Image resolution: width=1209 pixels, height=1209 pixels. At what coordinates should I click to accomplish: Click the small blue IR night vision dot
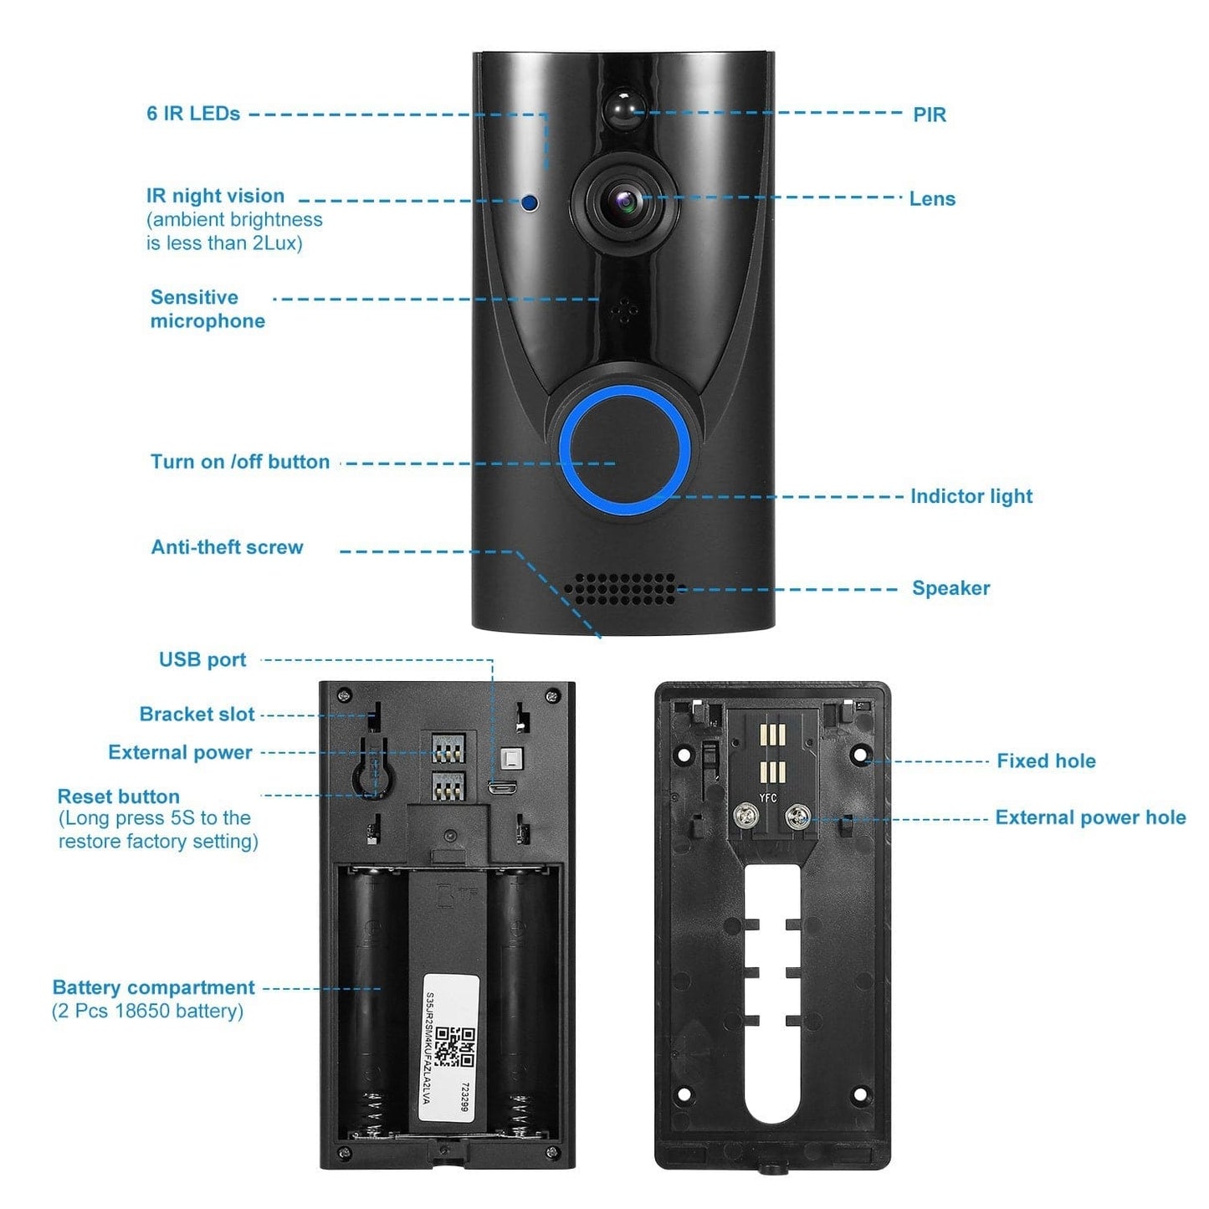[x=530, y=202]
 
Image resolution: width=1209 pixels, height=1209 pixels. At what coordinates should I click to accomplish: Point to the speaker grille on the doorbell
[x=619, y=589]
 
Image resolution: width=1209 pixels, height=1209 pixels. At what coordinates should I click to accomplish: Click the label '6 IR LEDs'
[x=193, y=114]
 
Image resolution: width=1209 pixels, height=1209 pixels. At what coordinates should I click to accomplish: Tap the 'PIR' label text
[x=929, y=115]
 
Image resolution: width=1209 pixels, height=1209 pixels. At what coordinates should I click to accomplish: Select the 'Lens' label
[x=932, y=199]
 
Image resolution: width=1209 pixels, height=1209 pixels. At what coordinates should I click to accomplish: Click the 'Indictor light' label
[x=971, y=496]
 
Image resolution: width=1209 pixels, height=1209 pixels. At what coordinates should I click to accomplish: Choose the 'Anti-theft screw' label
[x=227, y=547]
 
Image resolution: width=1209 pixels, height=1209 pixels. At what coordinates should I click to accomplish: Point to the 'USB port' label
[x=202, y=659]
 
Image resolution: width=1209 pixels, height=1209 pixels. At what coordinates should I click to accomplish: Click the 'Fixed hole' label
[x=1045, y=761]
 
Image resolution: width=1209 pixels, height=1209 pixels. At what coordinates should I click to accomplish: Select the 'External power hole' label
[x=1089, y=817]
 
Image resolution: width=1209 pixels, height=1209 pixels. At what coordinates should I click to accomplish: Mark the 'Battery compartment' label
[x=153, y=987]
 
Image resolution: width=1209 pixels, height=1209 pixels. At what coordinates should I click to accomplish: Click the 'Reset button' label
[x=118, y=797]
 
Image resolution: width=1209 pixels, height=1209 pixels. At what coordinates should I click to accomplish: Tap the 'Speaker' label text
[x=950, y=588]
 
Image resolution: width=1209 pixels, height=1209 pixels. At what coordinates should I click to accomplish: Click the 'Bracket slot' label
[x=197, y=715]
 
